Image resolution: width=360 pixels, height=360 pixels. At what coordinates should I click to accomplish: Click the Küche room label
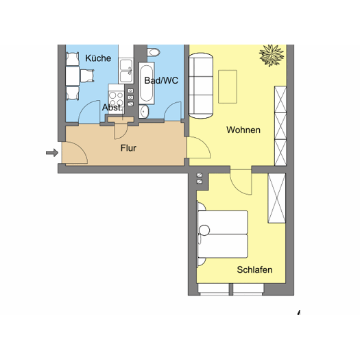(98, 58)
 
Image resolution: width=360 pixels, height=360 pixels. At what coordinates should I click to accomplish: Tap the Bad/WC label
(161, 80)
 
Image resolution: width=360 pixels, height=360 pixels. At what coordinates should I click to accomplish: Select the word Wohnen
(243, 130)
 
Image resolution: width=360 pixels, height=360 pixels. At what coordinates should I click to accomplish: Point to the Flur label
(128, 148)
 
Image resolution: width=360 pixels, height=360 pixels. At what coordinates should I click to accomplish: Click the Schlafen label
(254, 269)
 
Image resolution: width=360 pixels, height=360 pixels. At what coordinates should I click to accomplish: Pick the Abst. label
(112, 108)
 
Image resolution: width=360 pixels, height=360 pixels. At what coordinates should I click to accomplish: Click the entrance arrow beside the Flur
(52, 153)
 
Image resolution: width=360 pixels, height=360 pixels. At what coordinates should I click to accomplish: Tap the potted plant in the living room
(272, 56)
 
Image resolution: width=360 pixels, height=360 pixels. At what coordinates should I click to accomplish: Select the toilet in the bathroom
(153, 52)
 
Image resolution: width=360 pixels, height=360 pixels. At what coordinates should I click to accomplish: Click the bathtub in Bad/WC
(147, 83)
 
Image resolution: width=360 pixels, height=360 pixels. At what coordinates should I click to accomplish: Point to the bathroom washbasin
(144, 112)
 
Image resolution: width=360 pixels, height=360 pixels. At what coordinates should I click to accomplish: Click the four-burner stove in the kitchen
(116, 99)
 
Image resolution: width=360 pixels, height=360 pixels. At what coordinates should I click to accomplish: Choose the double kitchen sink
(125, 71)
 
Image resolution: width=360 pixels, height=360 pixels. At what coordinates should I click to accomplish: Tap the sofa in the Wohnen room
(201, 86)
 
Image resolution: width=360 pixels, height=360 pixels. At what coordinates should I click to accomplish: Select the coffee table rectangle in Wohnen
(228, 86)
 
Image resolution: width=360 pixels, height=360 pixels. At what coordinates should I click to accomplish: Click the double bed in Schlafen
(223, 235)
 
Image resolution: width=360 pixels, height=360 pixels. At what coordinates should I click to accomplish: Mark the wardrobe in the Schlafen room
(277, 198)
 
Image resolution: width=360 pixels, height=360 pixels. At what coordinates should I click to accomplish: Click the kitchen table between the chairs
(73, 76)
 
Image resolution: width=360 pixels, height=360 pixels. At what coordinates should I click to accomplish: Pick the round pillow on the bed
(204, 230)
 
